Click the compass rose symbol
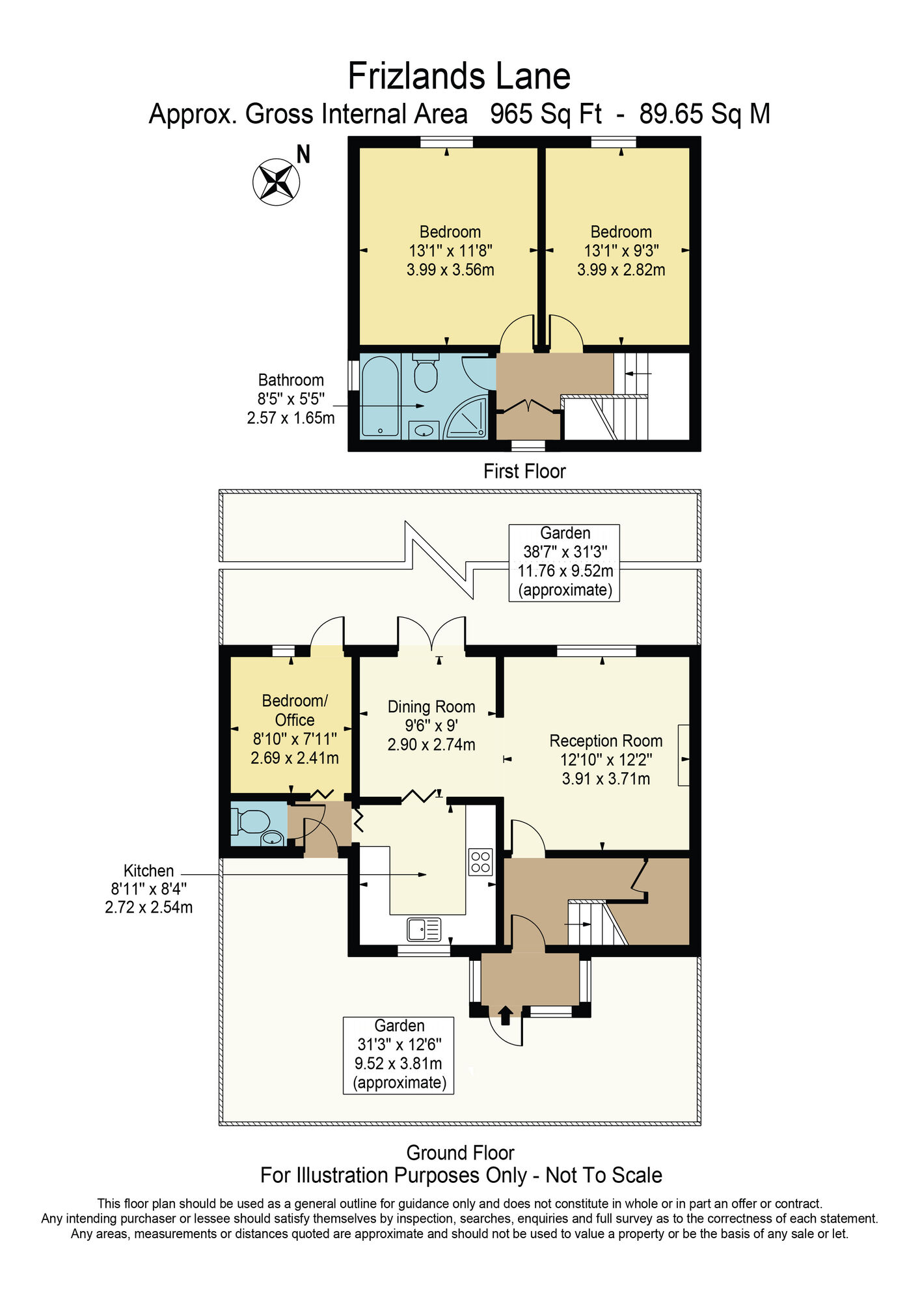pos(277,182)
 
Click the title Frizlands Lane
pos(459,76)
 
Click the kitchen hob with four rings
pos(481,862)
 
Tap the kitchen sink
pos(424,930)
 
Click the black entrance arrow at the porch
pos(506,1011)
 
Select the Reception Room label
pos(606,741)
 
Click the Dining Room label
pos(431,706)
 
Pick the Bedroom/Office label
pos(295,710)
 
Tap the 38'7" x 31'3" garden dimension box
pos(564,562)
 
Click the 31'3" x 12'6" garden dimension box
pos(399,1055)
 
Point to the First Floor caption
pos(524,471)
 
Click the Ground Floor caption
pos(460,1153)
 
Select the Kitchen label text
pos(149,871)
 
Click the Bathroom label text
pos(291,380)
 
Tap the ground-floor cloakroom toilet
pos(250,822)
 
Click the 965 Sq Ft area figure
pos(546,114)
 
